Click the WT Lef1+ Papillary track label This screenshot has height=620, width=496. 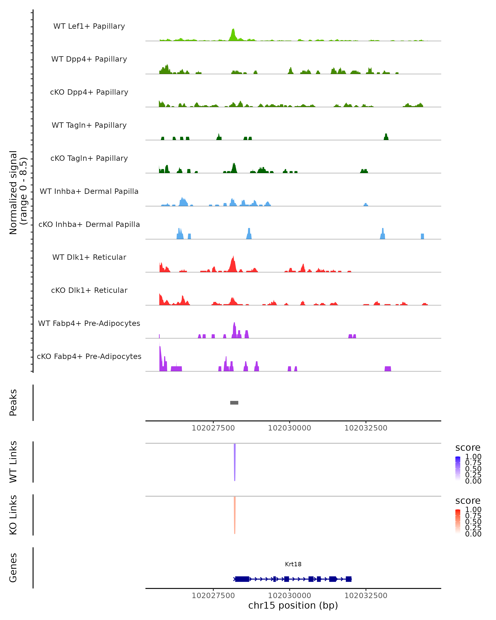click(89, 26)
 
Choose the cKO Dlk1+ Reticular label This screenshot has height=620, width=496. click(89, 290)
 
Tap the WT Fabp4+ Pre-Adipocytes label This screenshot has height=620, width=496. click(89, 323)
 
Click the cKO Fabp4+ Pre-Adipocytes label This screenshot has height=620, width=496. click(89, 356)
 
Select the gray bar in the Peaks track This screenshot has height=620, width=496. click(234, 403)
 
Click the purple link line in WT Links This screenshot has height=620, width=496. click(235, 461)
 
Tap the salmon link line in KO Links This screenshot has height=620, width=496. click(235, 515)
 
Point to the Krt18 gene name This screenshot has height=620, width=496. click(293, 564)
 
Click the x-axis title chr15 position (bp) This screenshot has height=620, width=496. click(293, 605)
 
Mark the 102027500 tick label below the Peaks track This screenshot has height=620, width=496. click(213, 428)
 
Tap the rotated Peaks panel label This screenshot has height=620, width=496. click(13, 403)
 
